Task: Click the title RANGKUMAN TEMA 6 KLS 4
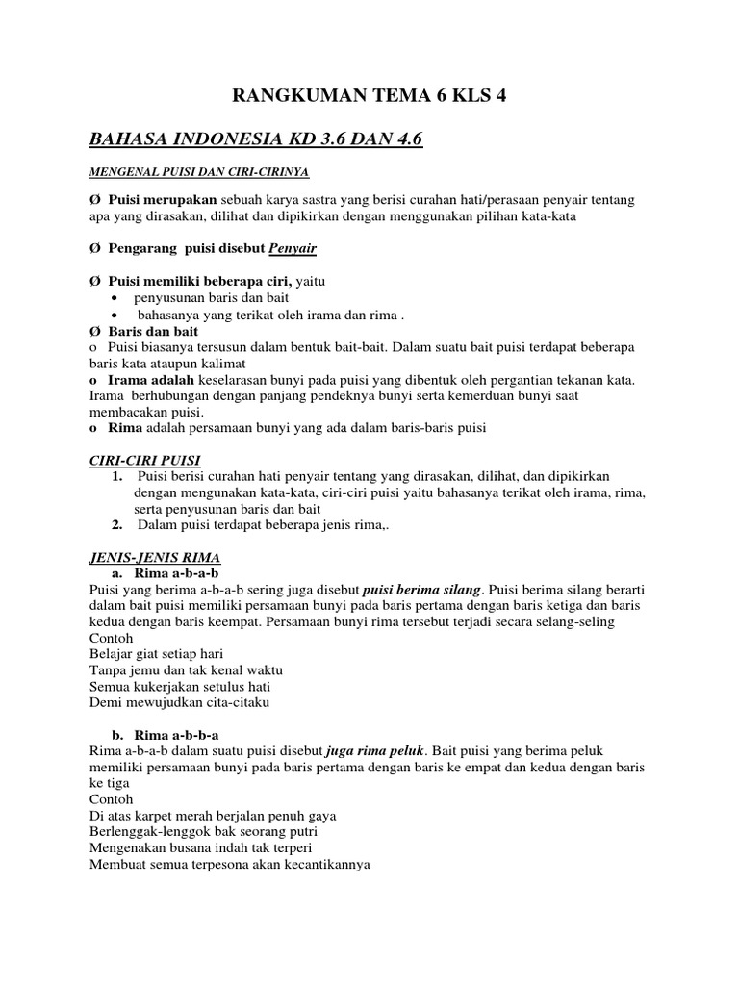click(x=369, y=95)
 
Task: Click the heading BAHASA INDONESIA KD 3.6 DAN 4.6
click(x=256, y=140)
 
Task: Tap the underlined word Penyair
click(x=293, y=248)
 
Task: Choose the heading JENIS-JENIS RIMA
click(x=155, y=557)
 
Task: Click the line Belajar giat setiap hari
click(x=155, y=654)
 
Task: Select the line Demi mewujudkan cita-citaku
click(x=179, y=702)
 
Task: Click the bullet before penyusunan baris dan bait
click(x=116, y=298)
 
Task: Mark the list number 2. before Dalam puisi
click(x=116, y=524)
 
